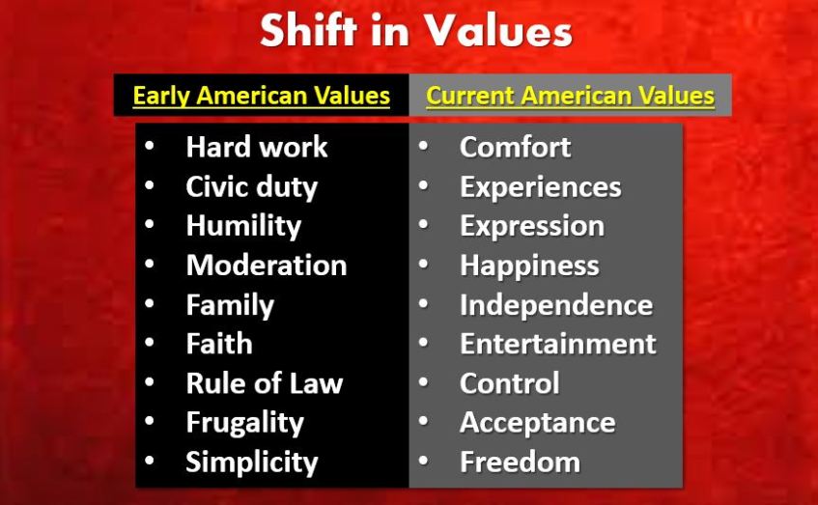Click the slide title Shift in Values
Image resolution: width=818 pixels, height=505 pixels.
[416, 30]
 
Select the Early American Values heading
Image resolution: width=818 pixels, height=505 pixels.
[262, 96]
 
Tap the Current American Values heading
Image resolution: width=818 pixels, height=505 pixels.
[570, 96]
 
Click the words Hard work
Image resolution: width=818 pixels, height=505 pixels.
[257, 147]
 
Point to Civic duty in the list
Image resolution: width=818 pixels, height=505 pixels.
[251, 187]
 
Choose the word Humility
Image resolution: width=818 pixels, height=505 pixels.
[243, 226]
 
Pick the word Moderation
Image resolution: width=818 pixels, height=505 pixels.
[267, 265]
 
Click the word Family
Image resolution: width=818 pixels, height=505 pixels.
[230, 305]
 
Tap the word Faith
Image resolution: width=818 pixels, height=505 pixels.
[219, 344]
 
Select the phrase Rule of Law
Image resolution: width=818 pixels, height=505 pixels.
[265, 383]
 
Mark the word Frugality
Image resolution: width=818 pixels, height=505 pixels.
[244, 423]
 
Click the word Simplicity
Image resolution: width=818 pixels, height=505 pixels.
[252, 463]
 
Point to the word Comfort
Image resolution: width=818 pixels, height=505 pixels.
[515, 147]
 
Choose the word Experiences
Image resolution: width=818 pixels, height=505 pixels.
[541, 187]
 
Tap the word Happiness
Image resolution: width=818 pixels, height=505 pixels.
[529, 267]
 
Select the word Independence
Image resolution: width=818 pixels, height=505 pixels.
[556, 305]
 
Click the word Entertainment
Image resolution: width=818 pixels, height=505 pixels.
[557, 344]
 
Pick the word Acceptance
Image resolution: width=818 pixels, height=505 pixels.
[537, 423]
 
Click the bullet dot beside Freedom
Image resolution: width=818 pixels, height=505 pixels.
[423, 462]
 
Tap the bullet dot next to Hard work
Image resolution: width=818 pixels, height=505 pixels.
[149, 146]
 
